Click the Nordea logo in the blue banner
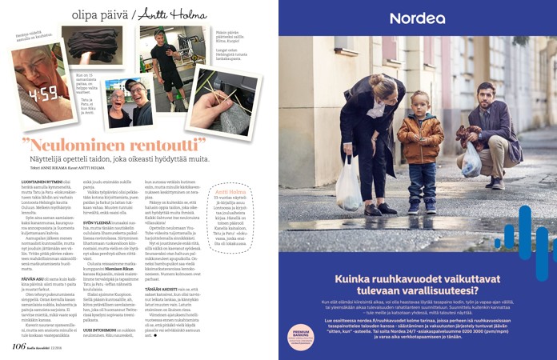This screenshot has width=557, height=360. point(417,18)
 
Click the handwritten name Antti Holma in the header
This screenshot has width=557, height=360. point(173,14)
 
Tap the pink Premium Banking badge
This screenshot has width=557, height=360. point(303,337)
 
